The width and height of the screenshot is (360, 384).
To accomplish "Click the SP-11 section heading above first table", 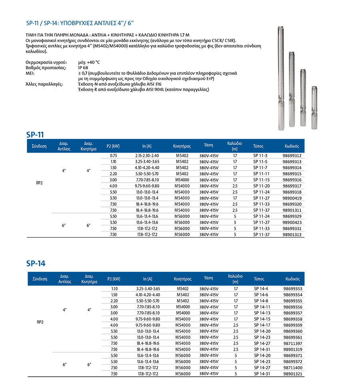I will click(36, 135).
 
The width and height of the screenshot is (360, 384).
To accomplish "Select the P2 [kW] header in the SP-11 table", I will click(113, 146).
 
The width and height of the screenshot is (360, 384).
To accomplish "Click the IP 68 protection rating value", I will click(83, 68).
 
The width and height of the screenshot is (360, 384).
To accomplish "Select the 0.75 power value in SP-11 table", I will click(113, 156).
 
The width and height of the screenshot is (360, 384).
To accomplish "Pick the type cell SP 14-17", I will click(262, 325).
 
